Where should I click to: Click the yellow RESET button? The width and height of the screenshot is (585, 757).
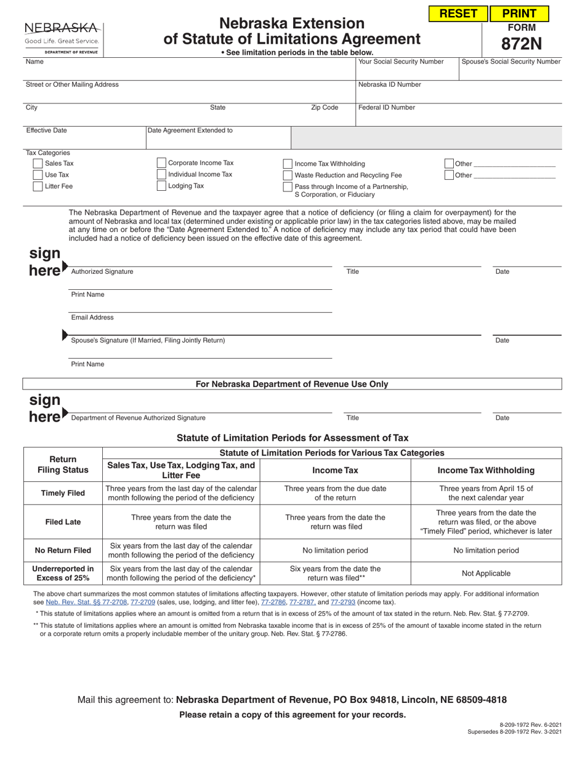[458, 14]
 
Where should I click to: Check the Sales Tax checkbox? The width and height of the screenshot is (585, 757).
[38, 164]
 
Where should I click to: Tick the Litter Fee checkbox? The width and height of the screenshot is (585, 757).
[38, 186]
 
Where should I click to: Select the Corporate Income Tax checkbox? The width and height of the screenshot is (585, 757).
[161, 163]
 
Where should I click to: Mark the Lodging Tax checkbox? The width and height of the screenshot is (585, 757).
[161, 186]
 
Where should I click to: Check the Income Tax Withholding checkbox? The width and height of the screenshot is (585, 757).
[288, 164]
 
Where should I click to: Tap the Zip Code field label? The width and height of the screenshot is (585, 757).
[325, 108]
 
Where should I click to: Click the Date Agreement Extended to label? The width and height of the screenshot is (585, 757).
[190, 130]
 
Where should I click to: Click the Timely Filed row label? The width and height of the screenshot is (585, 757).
[63, 493]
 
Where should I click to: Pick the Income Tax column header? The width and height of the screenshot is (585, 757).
[336, 470]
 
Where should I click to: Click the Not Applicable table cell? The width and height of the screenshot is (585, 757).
[486, 573]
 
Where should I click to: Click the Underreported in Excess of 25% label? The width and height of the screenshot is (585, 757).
[63, 573]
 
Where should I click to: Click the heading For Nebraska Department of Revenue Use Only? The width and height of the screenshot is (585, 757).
[292, 384]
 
